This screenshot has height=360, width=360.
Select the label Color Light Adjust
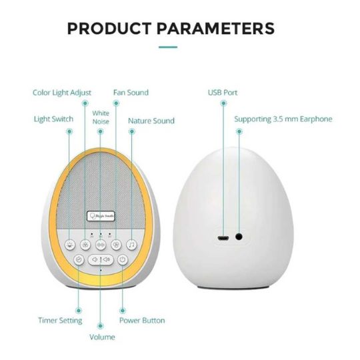tap(62, 92)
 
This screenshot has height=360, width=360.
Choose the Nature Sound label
tap(151, 121)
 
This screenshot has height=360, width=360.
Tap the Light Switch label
tap(54, 120)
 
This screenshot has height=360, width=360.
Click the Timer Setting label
tap(60, 320)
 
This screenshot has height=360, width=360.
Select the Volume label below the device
tap(102, 337)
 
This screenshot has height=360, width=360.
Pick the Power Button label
tap(142, 320)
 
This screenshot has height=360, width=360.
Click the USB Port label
tap(222, 92)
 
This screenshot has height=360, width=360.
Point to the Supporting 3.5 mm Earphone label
tap(283, 119)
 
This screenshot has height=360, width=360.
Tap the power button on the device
tap(123, 260)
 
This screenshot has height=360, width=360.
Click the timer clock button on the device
tap(79, 260)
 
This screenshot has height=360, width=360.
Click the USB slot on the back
tap(223, 236)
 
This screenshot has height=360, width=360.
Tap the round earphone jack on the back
tap(237, 235)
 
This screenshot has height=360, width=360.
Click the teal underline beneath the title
tap(167, 47)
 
